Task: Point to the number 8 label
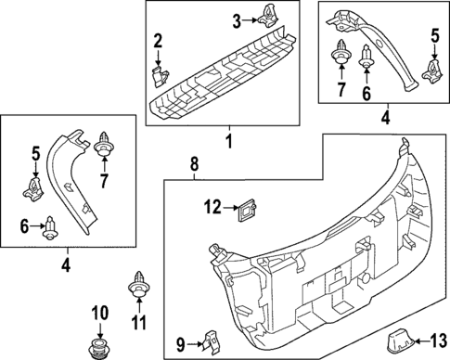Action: click(193, 164)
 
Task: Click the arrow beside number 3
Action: click(251, 20)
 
